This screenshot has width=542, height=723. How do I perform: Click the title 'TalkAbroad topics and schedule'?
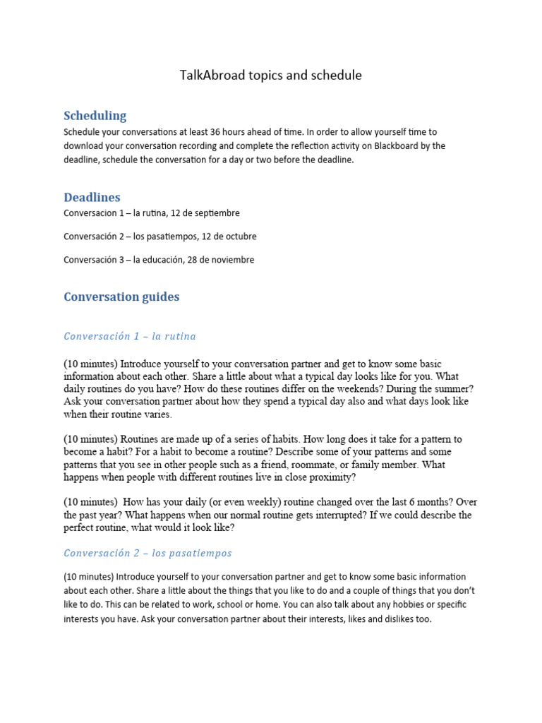(x=271, y=76)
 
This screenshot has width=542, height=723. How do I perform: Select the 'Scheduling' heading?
(x=95, y=115)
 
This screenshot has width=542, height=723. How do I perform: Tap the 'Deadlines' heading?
(x=92, y=197)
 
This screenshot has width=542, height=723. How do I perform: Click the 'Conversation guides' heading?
(x=121, y=297)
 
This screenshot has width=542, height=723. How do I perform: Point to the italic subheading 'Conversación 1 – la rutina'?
(x=130, y=336)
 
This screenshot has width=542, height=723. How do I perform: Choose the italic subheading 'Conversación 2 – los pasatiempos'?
(x=147, y=553)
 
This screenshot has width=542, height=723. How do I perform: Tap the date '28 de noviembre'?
(x=221, y=259)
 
